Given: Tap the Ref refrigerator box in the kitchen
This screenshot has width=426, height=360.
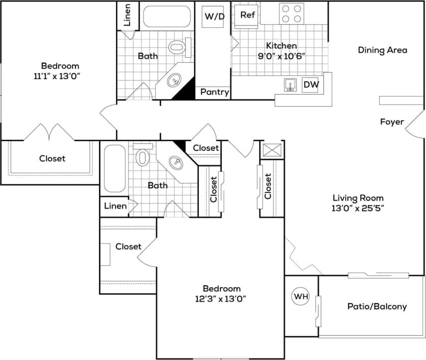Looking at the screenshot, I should tap(248, 15).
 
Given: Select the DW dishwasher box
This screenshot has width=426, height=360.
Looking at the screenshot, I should tap(311, 85).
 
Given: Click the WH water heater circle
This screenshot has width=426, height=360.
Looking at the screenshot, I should tap(300, 297).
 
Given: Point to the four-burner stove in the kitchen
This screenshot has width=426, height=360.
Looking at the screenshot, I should tap(291, 13).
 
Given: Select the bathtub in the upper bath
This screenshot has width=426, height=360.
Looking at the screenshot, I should tap(167, 16).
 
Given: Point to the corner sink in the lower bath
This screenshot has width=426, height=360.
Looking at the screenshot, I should tap(175, 163).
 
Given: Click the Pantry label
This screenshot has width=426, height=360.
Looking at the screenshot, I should tap(215, 92).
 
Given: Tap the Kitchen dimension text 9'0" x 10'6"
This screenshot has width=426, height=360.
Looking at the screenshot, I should tap(281, 56).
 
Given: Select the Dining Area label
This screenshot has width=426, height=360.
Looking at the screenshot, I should tap(382, 50).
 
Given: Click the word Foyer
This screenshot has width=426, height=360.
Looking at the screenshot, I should tap(392, 121).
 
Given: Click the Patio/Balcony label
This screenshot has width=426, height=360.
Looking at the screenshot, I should tap(377, 306).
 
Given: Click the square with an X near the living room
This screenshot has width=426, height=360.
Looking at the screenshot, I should tap(272, 150).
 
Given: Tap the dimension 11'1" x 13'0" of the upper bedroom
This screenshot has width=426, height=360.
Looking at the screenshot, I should tap(60, 76).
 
